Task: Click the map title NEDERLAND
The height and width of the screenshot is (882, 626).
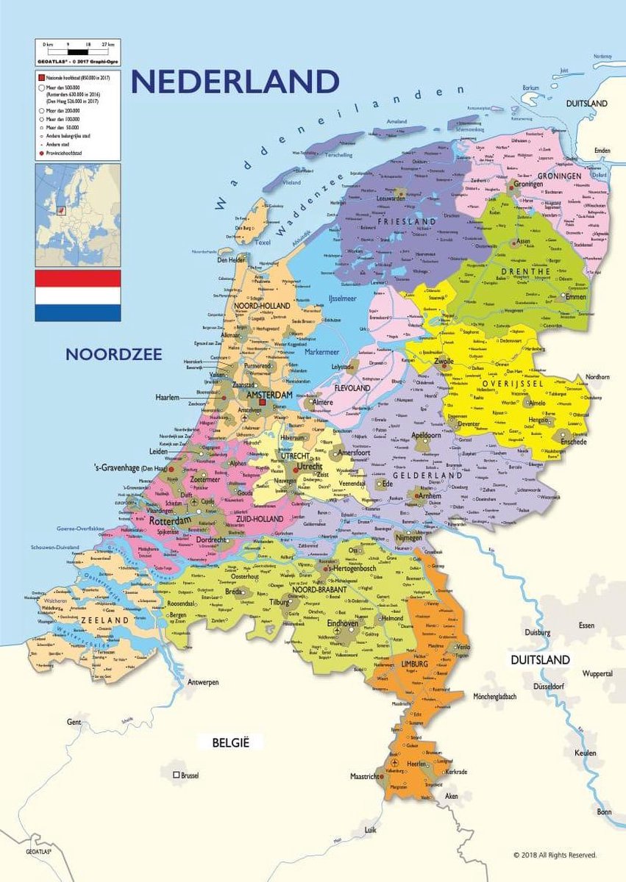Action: click(x=235, y=82)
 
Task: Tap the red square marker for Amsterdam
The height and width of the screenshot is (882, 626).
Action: click(x=261, y=402)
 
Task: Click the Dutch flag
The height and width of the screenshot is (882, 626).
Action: click(x=78, y=295)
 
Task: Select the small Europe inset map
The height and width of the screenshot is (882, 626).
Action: click(x=78, y=205)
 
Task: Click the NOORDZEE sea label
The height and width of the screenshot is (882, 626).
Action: click(x=114, y=354)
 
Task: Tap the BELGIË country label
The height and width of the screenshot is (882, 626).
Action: click(x=231, y=742)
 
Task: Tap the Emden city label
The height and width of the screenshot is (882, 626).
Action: click(x=603, y=151)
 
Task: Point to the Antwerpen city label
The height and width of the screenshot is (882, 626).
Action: click(x=204, y=682)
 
